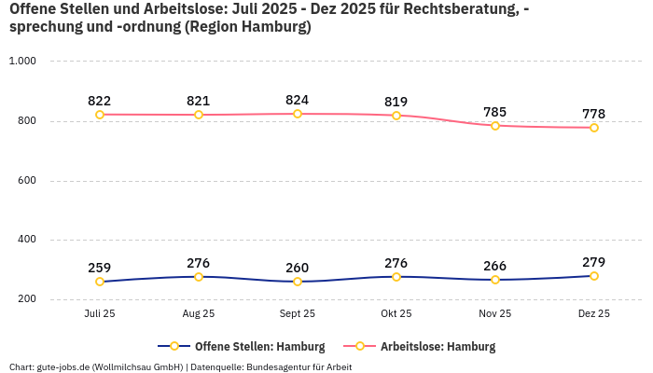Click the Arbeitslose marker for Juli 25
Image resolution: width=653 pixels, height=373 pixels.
tap(100, 115)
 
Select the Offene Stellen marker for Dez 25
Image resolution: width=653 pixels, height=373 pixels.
tap(594, 276)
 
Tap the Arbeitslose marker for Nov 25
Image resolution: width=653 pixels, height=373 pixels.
tap(495, 126)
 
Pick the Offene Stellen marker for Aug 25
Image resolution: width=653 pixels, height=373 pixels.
tap(199, 277)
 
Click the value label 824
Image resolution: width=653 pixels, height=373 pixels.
tap(298, 100)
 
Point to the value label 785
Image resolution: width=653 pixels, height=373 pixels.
tap(495, 112)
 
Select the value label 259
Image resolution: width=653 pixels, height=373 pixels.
tap(100, 268)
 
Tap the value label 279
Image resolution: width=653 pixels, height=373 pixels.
tap(594, 262)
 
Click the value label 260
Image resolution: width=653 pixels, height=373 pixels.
tap(298, 268)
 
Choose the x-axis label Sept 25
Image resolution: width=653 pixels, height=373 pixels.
tap(298, 314)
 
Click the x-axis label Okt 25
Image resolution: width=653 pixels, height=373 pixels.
tap(396, 314)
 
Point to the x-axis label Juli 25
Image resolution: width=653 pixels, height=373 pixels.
tap(100, 314)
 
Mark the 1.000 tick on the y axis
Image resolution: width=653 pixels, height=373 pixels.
tap(21, 62)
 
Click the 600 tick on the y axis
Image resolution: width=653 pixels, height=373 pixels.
tap(25, 180)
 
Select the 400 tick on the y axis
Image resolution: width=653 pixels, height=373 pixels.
tap(25, 240)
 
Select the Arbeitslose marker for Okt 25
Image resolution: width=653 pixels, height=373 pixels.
tap(396, 116)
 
